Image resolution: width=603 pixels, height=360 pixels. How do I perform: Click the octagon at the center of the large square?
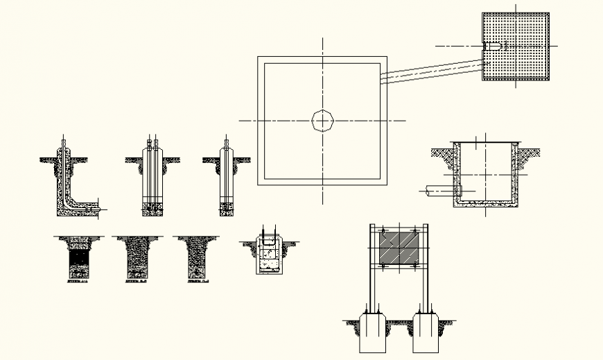322,121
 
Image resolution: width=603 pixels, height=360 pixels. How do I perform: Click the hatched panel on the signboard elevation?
398,248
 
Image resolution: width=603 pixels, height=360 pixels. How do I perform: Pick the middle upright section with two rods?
152,177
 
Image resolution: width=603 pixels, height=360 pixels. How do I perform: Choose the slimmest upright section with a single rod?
227,177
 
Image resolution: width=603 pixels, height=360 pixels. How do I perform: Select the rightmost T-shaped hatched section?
197,259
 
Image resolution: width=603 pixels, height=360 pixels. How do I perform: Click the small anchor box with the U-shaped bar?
268,255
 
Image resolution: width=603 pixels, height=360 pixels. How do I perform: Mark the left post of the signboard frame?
372,271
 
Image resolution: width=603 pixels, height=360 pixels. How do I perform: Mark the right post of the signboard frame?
423,271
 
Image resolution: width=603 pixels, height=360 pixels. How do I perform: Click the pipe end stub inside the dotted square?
492,46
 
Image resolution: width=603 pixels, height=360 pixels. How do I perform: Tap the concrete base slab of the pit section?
485,203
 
